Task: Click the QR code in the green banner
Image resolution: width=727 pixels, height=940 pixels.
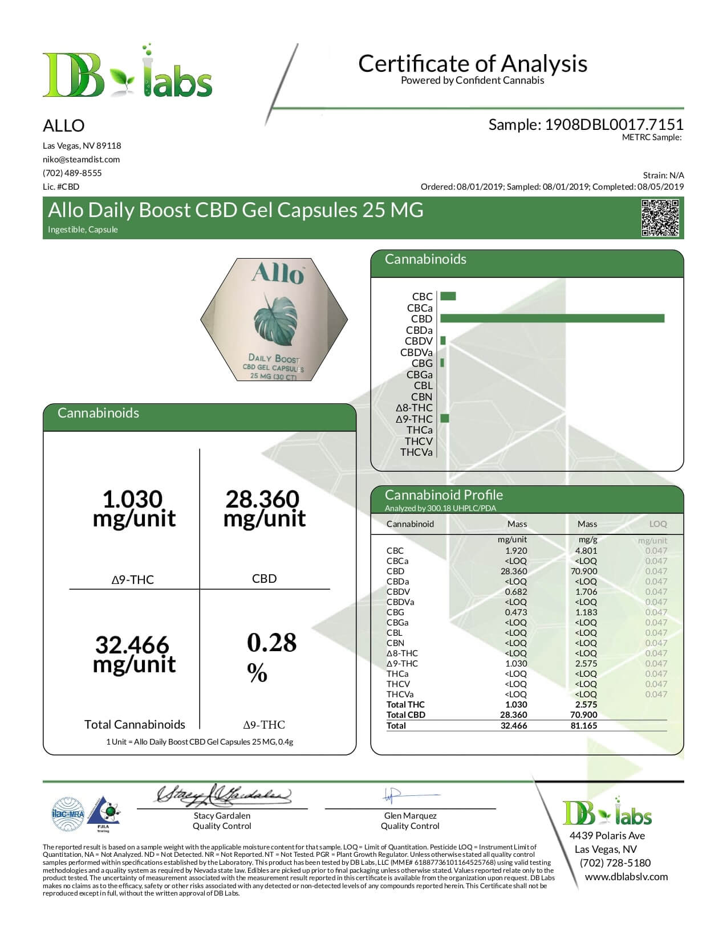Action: coord(660,218)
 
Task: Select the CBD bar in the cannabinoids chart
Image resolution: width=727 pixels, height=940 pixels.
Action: coord(552,318)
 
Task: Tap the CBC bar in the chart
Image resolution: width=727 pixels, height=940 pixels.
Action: coord(448,296)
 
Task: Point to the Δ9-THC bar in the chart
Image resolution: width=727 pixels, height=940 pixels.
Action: coord(445,419)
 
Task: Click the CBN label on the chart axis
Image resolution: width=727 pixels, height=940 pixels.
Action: coord(421,397)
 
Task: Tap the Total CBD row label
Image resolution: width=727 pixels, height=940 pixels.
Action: coord(405,715)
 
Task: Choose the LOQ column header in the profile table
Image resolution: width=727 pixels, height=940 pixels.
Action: coord(657,524)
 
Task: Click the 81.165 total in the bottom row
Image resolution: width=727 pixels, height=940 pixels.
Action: coord(583,726)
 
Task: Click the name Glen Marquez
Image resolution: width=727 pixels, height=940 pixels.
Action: coord(410,816)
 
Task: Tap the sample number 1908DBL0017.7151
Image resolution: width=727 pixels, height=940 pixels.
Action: coord(614,125)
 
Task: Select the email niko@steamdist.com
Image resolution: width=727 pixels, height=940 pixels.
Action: coord(81,160)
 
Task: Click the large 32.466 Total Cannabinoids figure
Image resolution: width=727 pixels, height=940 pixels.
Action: coord(133,645)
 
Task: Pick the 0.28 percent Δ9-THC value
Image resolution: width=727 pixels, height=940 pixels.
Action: coord(271,643)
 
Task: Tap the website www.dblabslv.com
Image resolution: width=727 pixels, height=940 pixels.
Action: coord(626,877)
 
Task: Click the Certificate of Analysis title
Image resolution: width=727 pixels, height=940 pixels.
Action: coord(472,63)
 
